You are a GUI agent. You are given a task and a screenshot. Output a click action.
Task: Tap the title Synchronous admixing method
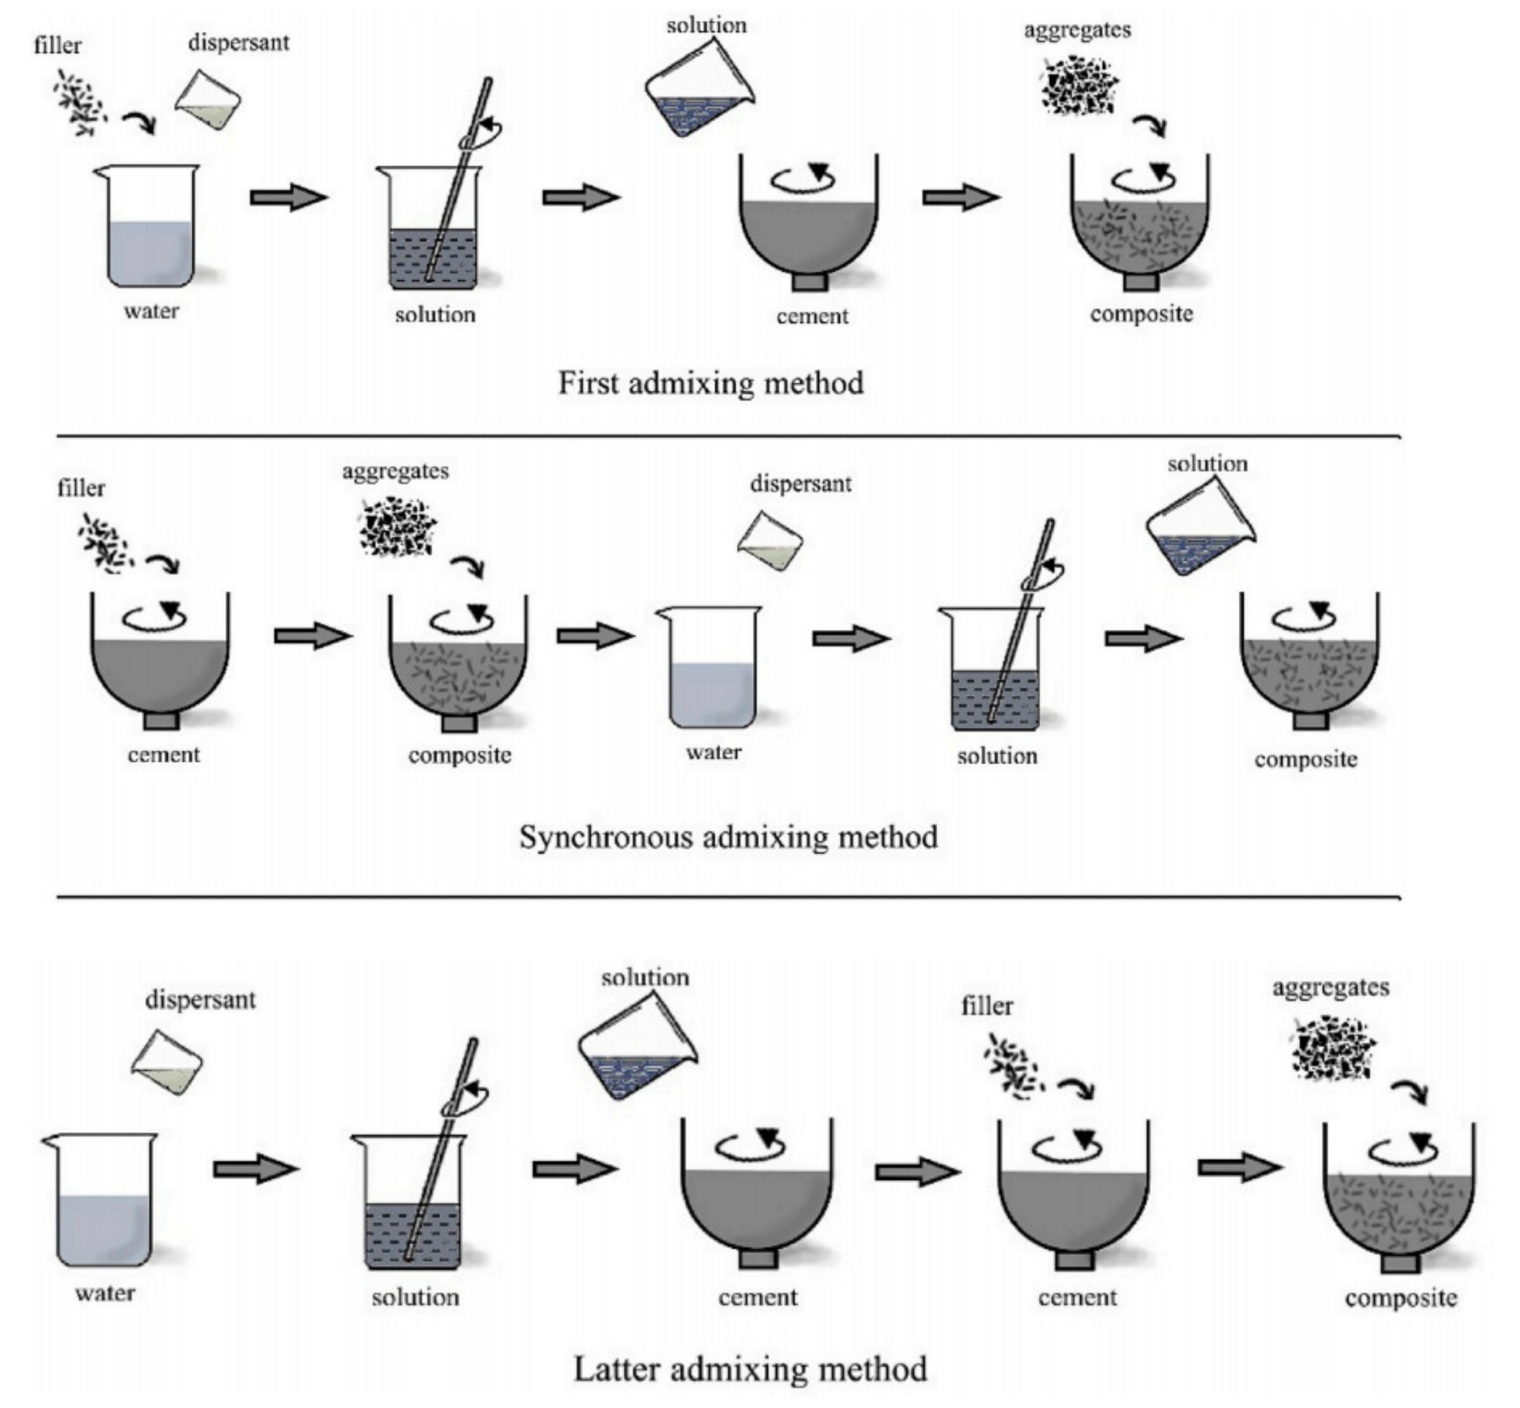(728, 837)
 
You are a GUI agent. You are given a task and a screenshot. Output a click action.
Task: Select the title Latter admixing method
(749, 1369)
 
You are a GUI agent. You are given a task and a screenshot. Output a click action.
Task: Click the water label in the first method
(151, 311)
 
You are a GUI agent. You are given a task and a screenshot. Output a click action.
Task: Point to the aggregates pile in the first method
(1079, 85)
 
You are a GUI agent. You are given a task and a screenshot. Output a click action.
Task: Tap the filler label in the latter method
(986, 1006)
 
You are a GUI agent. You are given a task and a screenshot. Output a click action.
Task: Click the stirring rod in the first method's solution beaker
(457, 183)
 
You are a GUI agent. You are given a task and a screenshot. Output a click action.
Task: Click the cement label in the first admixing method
(812, 316)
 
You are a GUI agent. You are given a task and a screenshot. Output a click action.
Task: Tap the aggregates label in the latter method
(1330, 987)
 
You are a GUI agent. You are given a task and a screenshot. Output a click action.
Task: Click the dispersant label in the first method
(238, 43)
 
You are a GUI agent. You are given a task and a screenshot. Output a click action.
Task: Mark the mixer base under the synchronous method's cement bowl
(162, 720)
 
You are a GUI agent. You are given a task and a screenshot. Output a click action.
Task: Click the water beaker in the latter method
(104, 1200)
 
